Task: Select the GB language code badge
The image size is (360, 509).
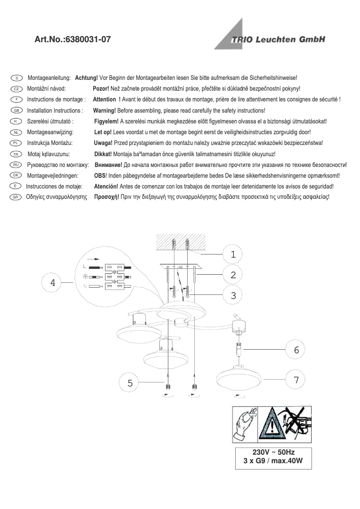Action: tap(16, 110)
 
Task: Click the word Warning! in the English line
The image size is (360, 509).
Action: tap(104, 110)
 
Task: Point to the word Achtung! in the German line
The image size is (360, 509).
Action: tap(86, 78)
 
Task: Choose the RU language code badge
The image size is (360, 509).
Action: tap(16, 165)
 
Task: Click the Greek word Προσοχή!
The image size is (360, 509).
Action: tap(106, 197)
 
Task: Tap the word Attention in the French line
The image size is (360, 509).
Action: tap(104, 100)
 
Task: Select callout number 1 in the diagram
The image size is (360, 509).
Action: tap(233, 254)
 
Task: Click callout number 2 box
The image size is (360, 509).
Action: tap(233, 275)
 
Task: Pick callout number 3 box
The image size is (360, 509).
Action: tap(233, 295)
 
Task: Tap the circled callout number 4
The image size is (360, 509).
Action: tap(53, 283)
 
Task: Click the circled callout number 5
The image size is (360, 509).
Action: tap(130, 383)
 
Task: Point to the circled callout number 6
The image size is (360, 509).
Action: tap(296, 350)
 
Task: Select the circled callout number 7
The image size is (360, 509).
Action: tap(296, 380)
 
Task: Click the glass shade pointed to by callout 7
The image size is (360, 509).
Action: tap(239, 379)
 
